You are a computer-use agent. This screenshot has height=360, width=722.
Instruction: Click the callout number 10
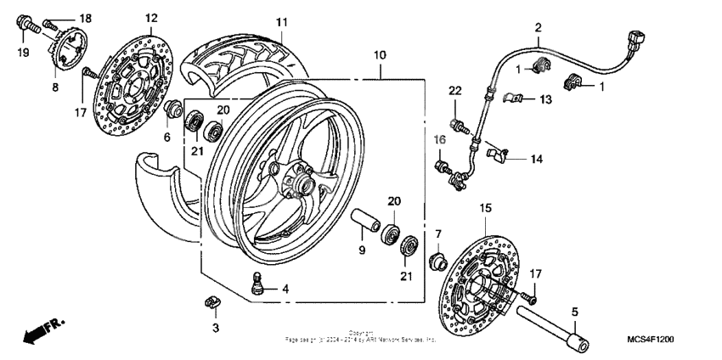tap(379, 54)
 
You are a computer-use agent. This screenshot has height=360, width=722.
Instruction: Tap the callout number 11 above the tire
tap(281, 21)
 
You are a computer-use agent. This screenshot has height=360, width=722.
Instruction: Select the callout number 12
tap(151, 18)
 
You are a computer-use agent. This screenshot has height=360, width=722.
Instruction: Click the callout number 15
tap(486, 207)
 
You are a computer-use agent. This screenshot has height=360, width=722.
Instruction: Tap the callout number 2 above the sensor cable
tap(538, 28)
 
